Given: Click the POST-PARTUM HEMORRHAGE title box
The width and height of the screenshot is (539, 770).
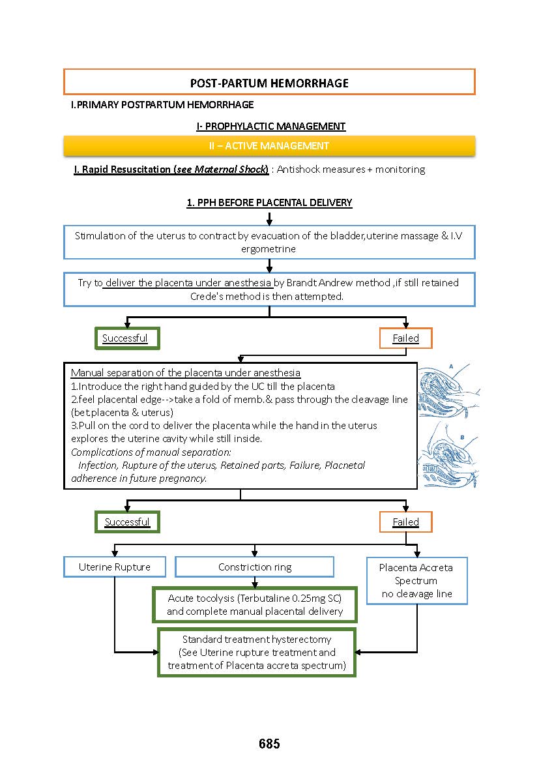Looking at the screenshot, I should tap(269, 82).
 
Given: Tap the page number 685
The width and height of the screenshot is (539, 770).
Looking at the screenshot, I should tap(269, 743).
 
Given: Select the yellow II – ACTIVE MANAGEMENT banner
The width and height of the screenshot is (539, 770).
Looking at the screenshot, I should tap(269, 145).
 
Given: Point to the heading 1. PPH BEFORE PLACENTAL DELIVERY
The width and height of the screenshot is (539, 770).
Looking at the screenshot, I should tap(269, 202).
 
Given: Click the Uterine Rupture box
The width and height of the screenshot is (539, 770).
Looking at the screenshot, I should tap(115, 567).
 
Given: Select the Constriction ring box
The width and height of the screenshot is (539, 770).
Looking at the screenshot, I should tap(255, 567).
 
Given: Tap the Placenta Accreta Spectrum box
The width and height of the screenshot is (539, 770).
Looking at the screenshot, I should tap(416, 580).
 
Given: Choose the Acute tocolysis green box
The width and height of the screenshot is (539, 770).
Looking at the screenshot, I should tap(255, 604).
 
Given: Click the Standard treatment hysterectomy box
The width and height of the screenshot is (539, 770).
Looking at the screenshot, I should tap(257, 652).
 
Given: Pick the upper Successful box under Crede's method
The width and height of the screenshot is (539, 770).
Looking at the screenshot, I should tap(126, 338).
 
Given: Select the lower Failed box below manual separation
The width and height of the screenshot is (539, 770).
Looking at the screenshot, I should tap(405, 522).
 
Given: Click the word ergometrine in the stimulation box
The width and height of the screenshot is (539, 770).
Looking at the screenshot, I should tap(269, 249).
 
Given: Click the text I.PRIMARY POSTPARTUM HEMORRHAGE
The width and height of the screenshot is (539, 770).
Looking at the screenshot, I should tap(162, 104).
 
